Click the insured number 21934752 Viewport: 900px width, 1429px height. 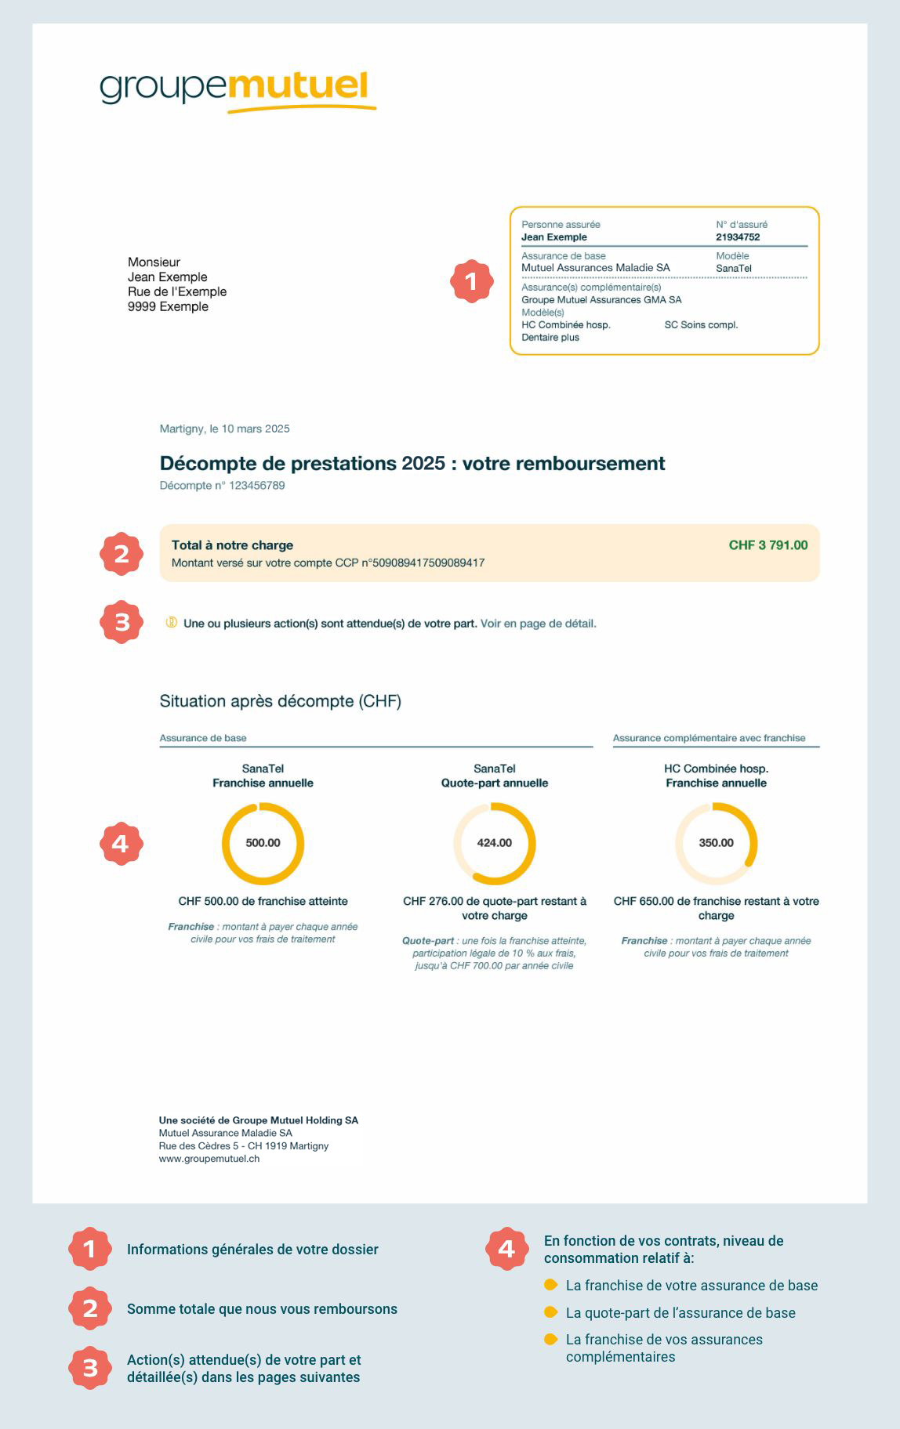(738, 237)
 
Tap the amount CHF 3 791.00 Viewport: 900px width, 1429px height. (768, 545)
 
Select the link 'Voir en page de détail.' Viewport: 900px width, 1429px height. (539, 624)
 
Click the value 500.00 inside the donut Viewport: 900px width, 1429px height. (263, 843)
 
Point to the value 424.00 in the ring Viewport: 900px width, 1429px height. (494, 843)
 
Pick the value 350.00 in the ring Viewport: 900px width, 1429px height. (716, 843)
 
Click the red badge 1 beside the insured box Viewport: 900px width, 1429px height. (471, 281)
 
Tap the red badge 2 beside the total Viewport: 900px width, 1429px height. (122, 554)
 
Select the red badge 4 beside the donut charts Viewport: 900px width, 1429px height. (121, 843)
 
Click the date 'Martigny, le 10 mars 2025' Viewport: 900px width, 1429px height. (225, 429)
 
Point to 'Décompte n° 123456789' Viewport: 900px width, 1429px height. (222, 486)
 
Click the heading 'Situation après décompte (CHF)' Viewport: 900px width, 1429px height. (280, 701)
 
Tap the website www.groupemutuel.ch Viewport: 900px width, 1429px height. (209, 1159)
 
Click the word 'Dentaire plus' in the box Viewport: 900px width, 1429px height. (550, 338)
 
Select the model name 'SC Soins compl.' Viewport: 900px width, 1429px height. (701, 325)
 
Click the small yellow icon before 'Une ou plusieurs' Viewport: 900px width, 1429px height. (171, 623)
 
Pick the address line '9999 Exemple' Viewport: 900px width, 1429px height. (168, 307)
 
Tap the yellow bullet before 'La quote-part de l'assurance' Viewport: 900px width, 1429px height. (550, 1312)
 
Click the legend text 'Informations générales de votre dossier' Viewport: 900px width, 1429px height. (252, 1250)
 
